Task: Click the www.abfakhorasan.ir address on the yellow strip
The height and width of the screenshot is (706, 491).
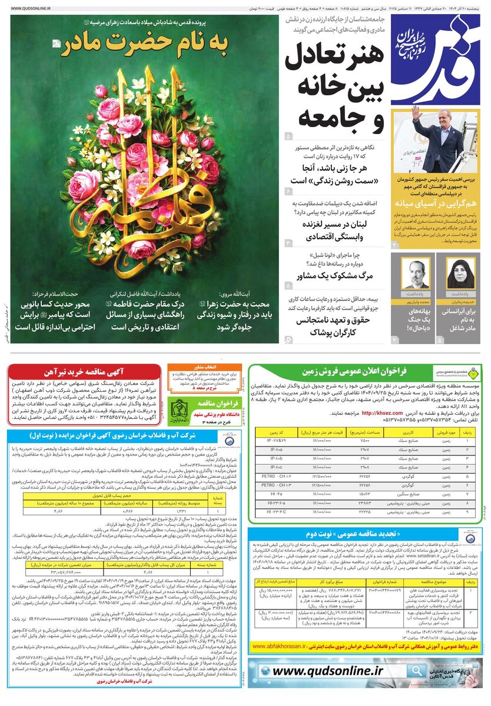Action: tap(283, 645)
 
